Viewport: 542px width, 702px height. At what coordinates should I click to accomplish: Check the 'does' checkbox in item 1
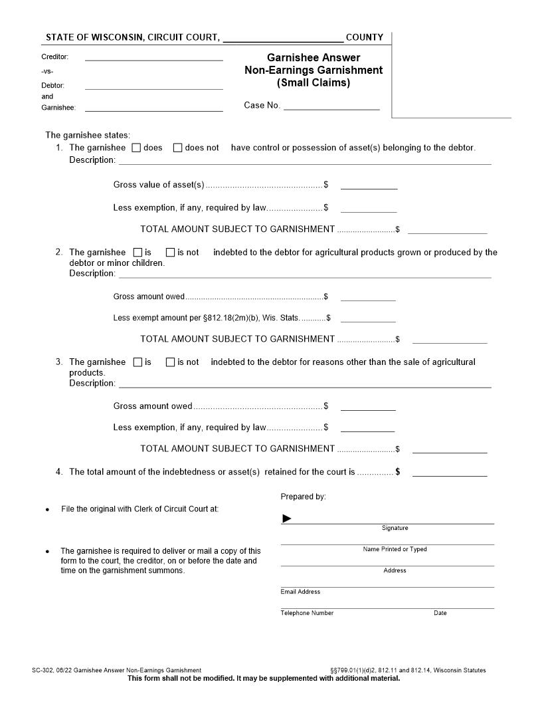[x=136, y=148]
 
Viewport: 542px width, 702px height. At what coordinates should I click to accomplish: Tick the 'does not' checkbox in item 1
[x=177, y=148]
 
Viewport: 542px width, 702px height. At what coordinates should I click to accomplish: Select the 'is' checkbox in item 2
[x=138, y=253]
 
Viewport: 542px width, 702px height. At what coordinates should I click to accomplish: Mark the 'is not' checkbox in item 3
[x=170, y=362]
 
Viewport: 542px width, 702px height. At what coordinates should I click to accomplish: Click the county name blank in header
[x=283, y=38]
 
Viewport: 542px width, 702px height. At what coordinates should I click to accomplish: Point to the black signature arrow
[x=287, y=519]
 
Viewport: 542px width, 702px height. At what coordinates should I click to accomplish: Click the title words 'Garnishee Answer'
[x=314, y=58]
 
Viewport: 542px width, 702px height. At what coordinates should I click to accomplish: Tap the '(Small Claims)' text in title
[x=314, y=83]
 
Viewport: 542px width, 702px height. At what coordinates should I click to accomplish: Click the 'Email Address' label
[x=300, y=592]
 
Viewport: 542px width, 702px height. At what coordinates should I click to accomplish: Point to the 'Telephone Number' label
[x=307, y=613]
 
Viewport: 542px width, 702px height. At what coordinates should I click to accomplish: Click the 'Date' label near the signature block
[x=440, y=613]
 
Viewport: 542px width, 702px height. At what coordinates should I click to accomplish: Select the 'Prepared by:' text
[x=303, y=497]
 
